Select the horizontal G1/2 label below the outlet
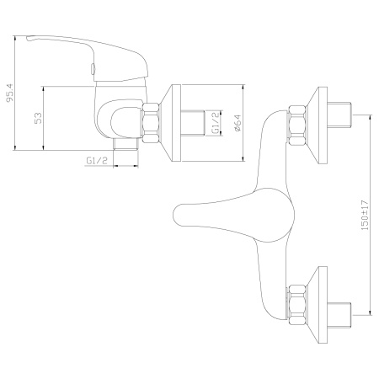coord(99,160)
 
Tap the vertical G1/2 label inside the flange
coord(216,123)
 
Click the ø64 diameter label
coord(238,123)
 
